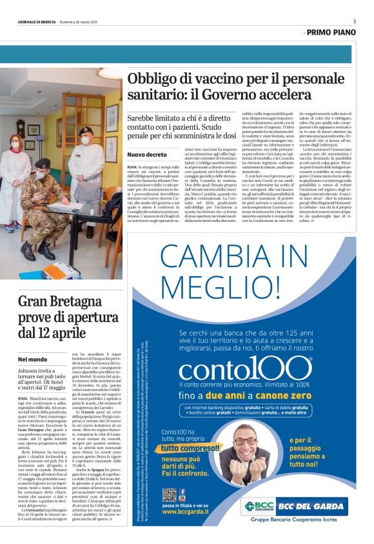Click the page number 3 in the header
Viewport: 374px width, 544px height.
[354, 21]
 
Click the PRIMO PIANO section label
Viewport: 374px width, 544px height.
[331, 31]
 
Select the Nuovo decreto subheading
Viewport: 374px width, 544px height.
[146, 155]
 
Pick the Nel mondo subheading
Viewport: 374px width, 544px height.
[32, 359]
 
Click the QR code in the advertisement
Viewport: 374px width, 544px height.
[170, 495]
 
